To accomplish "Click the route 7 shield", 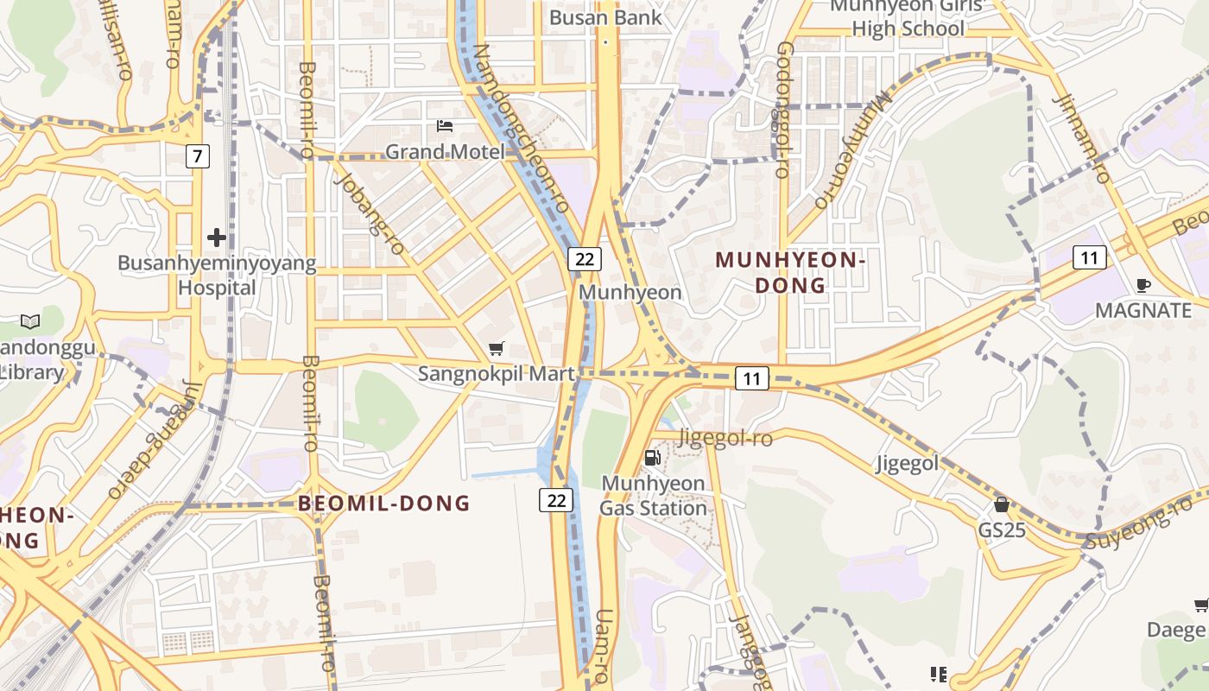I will pos(198,156).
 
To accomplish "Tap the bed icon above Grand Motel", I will pos(445,126).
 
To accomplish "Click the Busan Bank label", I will pos(605,17).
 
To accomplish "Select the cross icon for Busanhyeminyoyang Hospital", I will pos(217,237).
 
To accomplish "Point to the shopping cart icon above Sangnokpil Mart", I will pos(496,349).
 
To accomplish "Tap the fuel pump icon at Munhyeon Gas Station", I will pos(653,457).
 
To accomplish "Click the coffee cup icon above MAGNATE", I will pos(1143,285).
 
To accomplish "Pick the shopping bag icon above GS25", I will pos(1002,504).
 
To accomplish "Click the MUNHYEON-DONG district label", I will pos(790,272).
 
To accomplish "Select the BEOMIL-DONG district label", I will pos(384,503).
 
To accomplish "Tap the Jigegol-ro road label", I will pos(725,438).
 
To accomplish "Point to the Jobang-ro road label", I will pos(369,212).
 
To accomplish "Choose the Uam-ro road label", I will pos(604,645).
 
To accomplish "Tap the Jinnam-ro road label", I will pos(1081,138).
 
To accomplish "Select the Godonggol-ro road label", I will pos(783,110).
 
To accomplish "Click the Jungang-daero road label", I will pos(155,441).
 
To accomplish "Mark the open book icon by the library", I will pos(30,321).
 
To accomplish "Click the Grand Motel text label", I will pos(445,152).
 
